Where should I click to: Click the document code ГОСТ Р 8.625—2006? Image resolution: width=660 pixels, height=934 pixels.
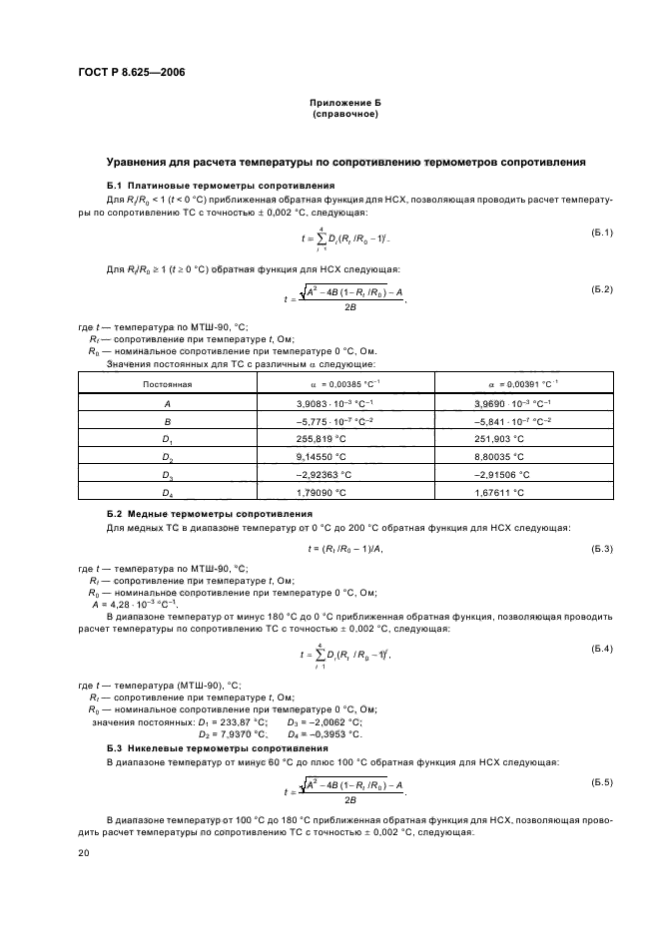pyautogui.click(x=131, y=73)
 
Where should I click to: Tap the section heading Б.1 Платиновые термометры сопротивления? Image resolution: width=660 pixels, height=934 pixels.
pyautogui.click(x=220, y=186)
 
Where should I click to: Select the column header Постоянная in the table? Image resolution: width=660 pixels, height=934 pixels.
pyautogui.click(x=167, y=383)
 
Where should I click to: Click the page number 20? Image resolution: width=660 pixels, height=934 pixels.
pyautogui.click(x=84, y=853)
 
